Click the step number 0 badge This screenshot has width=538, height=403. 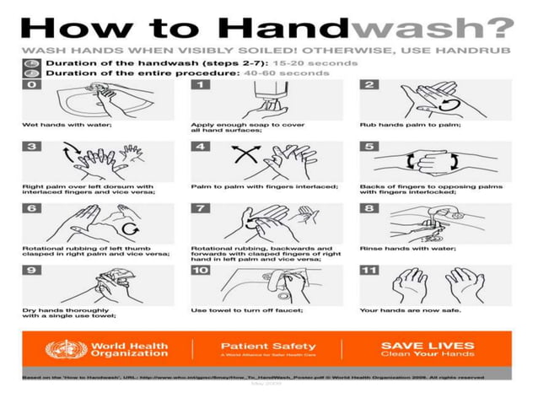(33, 85)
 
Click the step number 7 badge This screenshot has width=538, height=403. (202, 209)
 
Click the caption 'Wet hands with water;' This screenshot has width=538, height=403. (56, 125)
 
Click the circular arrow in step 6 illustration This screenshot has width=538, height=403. (128, 228)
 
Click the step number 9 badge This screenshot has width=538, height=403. (32, 271)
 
